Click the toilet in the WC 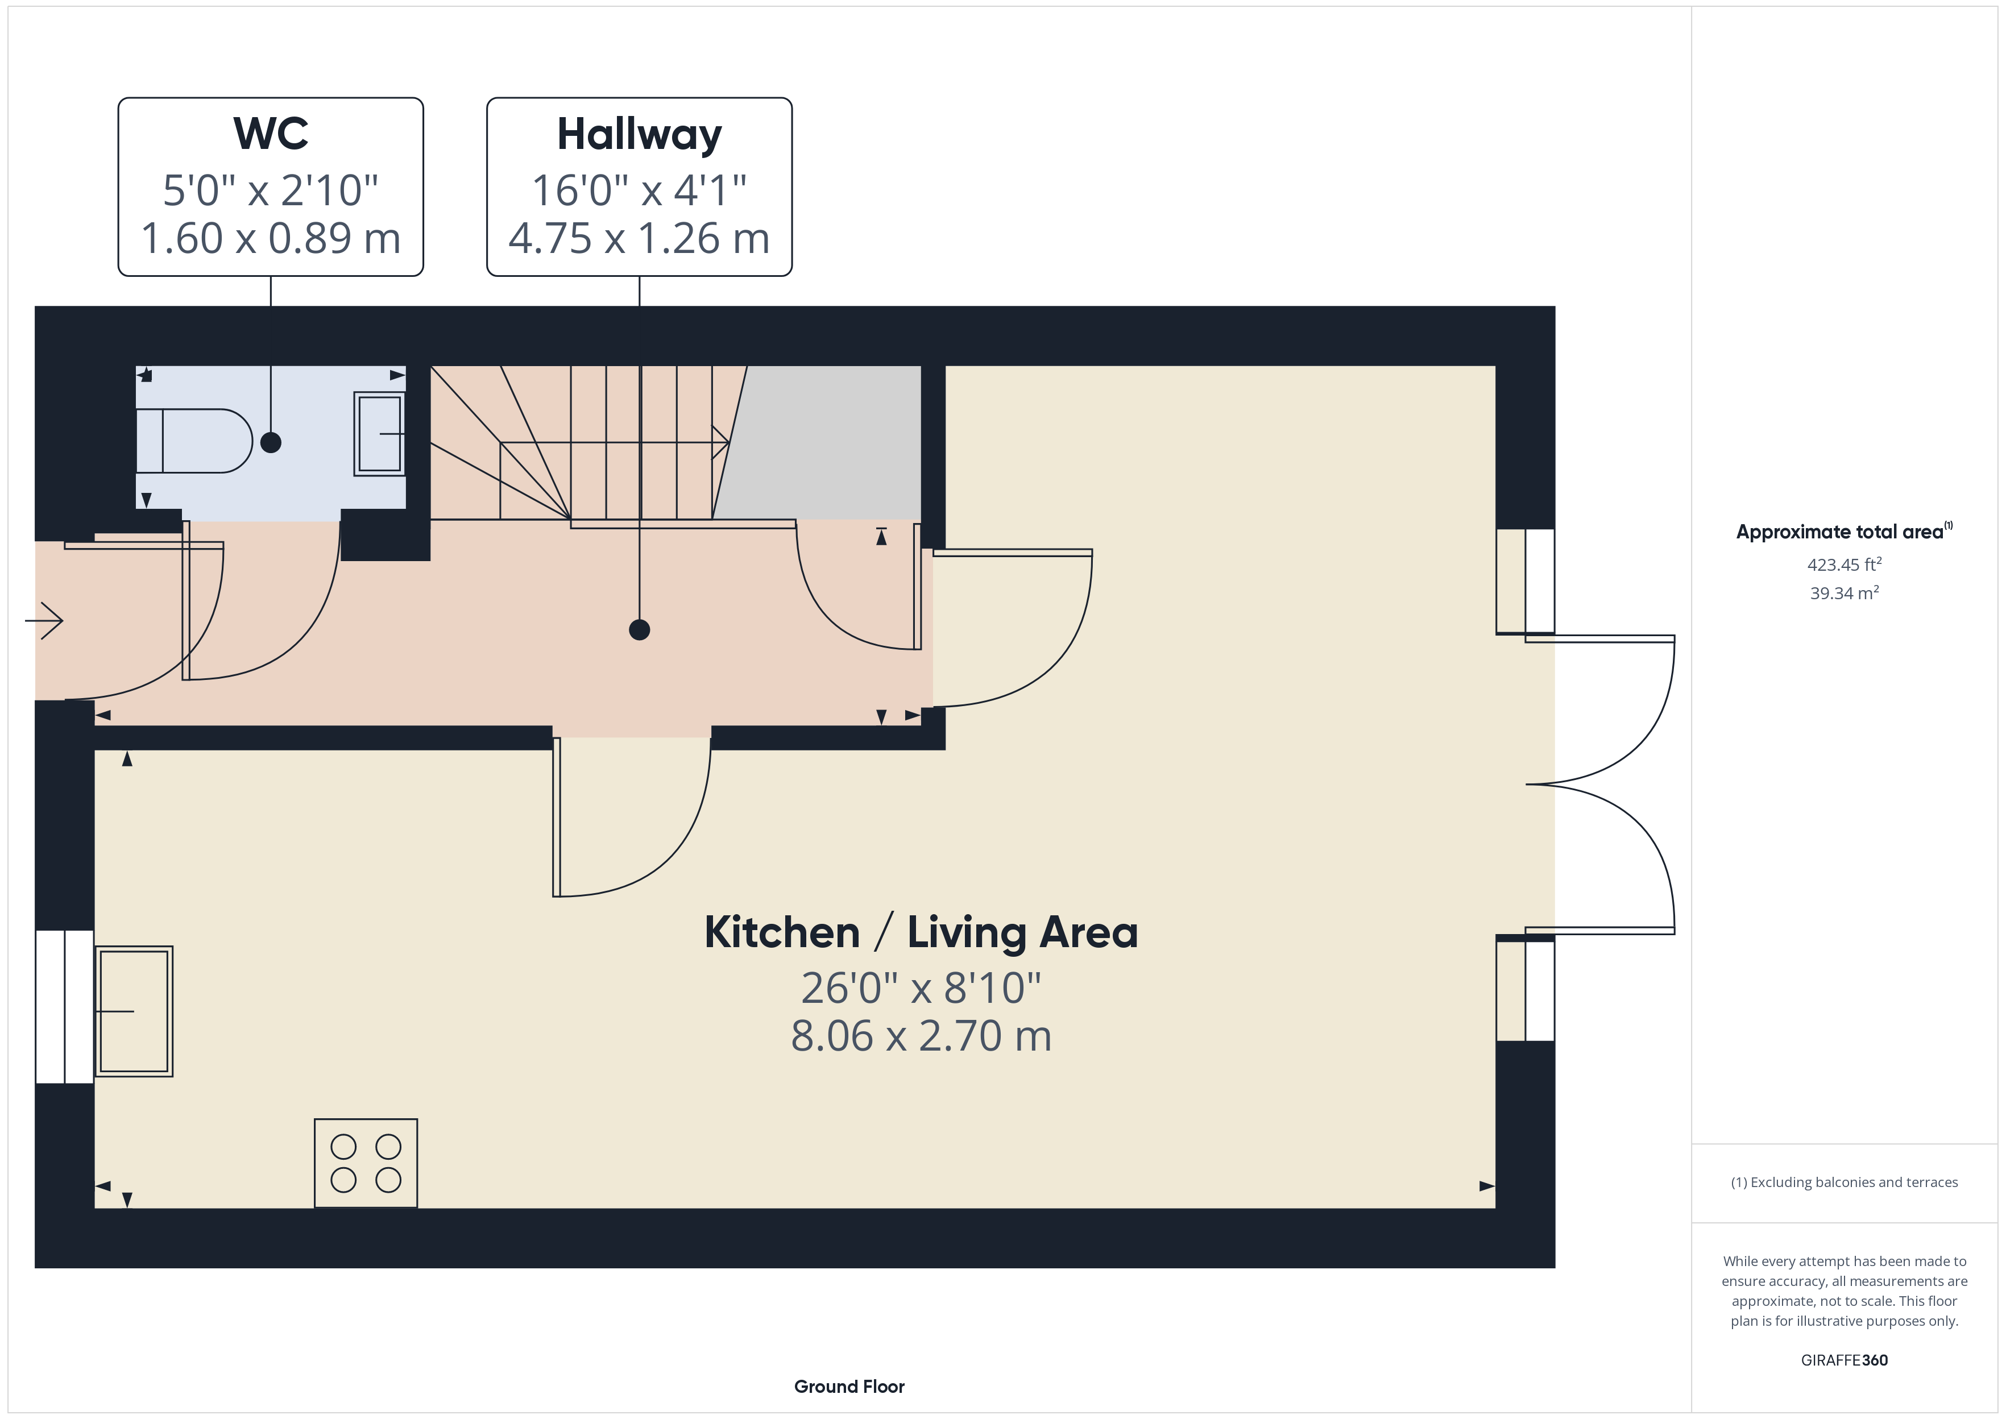194,441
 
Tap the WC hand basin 379,434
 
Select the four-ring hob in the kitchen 366,1163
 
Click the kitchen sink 134,1011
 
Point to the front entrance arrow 44,621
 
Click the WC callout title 271,134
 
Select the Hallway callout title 640,135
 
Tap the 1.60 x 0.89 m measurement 271,239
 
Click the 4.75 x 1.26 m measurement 640,239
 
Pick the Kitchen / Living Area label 921,932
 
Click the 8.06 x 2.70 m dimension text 921,1036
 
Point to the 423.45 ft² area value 1845,565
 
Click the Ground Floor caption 849,1387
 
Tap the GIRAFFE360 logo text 1845,1360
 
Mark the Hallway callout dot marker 640,630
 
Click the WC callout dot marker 271,443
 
